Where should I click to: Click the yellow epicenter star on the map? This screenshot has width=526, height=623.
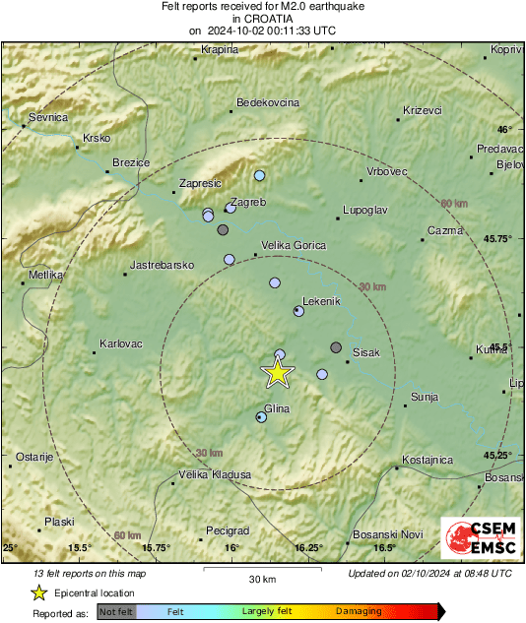pos(278,372)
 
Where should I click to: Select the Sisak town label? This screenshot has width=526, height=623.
pos(365,351)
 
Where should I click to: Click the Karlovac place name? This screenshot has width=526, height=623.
pos(121,344)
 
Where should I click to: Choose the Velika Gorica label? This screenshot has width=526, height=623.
pos(293,245)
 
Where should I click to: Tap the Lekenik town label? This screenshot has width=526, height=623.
pos(322,298)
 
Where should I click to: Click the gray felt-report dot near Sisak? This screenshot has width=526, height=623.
pos(336,347)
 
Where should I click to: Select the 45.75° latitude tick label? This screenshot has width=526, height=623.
pos(495,239)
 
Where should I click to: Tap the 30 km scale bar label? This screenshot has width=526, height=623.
pos(262,579)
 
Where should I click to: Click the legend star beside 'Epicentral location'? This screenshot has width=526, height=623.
pos(38,592)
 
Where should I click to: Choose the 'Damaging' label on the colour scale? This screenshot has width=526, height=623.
pos(359,611)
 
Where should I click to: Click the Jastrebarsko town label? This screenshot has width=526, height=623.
pos(164,266)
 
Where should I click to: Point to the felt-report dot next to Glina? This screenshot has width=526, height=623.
pos(261,417)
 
